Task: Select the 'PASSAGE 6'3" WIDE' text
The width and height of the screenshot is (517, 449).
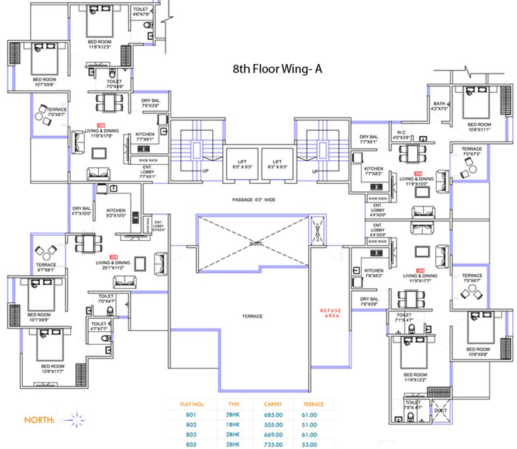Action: coord(253,200)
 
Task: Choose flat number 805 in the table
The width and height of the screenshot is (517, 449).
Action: coord(187,444)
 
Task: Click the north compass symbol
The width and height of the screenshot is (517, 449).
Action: coord(74,419)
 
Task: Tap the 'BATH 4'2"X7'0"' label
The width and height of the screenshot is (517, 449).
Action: coord(439,106)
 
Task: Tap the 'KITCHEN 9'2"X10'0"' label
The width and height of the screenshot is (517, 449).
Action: coord(116,213)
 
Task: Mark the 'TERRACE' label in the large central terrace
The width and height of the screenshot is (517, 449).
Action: coord(253,316)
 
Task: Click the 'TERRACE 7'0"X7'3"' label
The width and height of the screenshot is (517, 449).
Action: coord(471,151)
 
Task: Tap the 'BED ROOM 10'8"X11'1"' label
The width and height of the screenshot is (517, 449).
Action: coord(480,127)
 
